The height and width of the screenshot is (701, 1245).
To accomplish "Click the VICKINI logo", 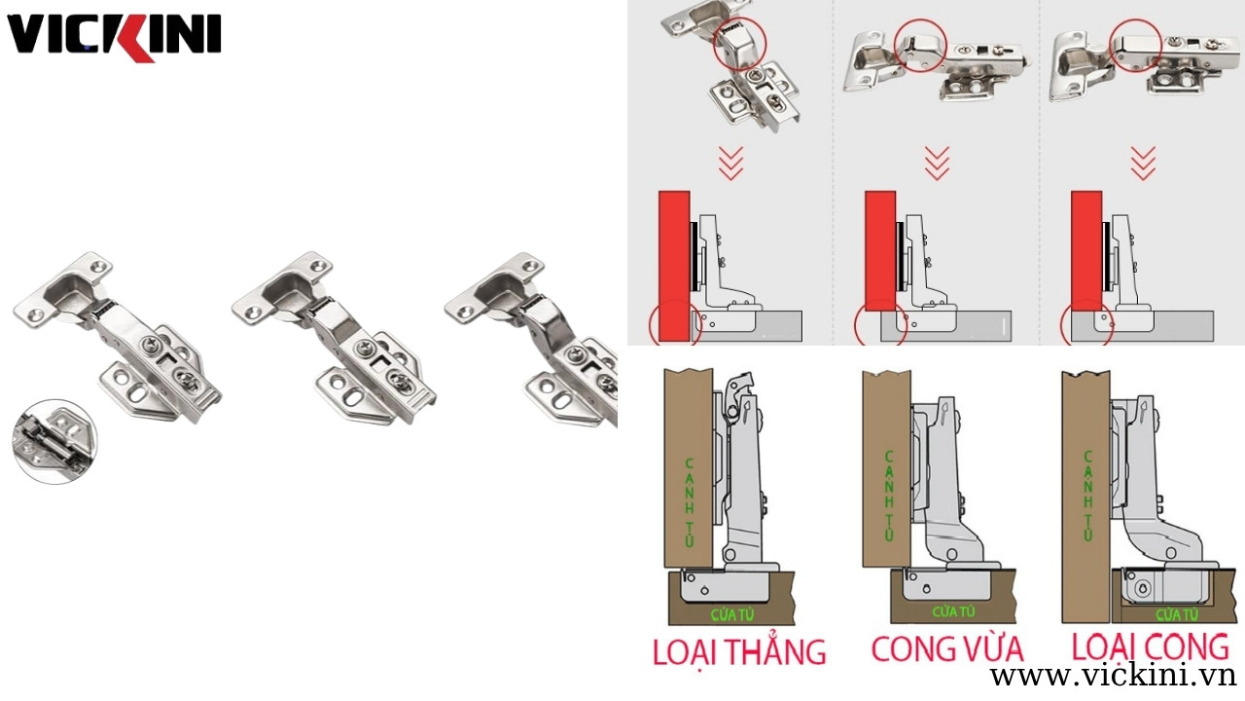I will pos(114,37).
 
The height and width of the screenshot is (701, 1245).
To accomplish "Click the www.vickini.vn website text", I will pos(1112,676).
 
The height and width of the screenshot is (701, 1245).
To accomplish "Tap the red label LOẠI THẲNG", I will pos(739,650).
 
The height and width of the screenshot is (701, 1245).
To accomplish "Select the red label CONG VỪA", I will pos(947,647).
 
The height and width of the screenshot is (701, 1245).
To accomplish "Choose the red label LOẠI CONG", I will pos(1151,646).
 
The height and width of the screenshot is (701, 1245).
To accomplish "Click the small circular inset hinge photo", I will pos(54,441).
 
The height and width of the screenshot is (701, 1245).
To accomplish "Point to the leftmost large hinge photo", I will pos(117,336).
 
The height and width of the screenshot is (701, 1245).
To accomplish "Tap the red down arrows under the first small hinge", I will pos(730,163).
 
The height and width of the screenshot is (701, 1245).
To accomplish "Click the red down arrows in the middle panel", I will pos(937,163).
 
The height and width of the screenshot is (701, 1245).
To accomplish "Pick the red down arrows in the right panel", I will pos(1143,163).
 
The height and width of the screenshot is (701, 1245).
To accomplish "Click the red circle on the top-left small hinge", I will pos(740,43).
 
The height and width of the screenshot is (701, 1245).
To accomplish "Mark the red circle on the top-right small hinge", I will pos(1135,45).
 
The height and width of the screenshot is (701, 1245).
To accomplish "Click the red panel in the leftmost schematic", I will pos(674,266).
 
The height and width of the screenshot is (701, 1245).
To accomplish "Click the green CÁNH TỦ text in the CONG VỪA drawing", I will pos(887,494).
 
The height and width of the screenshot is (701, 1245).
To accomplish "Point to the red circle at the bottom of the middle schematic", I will pos(880,325).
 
